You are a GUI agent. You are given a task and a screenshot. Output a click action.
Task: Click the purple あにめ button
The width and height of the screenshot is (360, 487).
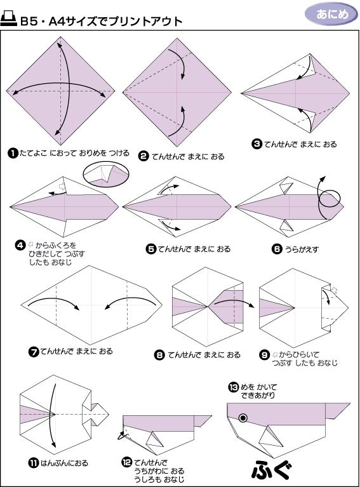(x=331, y=15)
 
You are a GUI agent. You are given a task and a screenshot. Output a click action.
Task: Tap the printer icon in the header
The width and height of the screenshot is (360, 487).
(x=8, y=19)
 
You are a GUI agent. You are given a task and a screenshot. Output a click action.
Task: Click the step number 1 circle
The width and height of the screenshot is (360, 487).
(x=13, y=153)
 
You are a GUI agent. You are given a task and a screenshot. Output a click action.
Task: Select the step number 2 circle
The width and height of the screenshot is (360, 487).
(x=143, y=156)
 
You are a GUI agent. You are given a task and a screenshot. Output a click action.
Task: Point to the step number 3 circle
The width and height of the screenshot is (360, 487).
(x=257, y=144)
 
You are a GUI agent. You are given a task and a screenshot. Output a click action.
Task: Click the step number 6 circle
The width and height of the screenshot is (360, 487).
(x=276, y=249)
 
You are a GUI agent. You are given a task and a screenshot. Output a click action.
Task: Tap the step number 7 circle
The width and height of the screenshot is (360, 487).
(x=33, y=352)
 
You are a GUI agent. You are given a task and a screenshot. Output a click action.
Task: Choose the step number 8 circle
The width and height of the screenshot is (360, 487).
(x=159, y=355)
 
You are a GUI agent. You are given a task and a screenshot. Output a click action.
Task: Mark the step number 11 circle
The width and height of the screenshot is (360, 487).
(x=33, y=464)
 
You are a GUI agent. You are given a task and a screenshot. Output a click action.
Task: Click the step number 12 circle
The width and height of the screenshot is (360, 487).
(x=127, y=462)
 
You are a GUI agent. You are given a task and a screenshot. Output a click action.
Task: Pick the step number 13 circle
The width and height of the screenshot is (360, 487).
(x=233, y=387)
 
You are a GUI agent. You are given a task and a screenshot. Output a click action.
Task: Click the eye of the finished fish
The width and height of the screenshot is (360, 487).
(x=243, y=418)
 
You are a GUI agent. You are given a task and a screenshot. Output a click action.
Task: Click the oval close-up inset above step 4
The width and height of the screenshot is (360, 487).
(x=106, y=175)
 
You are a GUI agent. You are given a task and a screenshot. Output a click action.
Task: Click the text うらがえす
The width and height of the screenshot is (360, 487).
(x=302, y=249)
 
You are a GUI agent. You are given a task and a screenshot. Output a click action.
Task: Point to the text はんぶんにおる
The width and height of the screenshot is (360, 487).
(x=65, y=464)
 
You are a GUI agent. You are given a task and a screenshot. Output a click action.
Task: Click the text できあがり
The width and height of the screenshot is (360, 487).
(x=258, y=396)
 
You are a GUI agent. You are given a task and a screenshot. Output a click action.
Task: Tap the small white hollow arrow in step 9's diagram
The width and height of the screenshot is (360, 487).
(x=334, y=291)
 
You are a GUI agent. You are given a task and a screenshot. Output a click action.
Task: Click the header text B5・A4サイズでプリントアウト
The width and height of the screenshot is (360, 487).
(x=101, y=21)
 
